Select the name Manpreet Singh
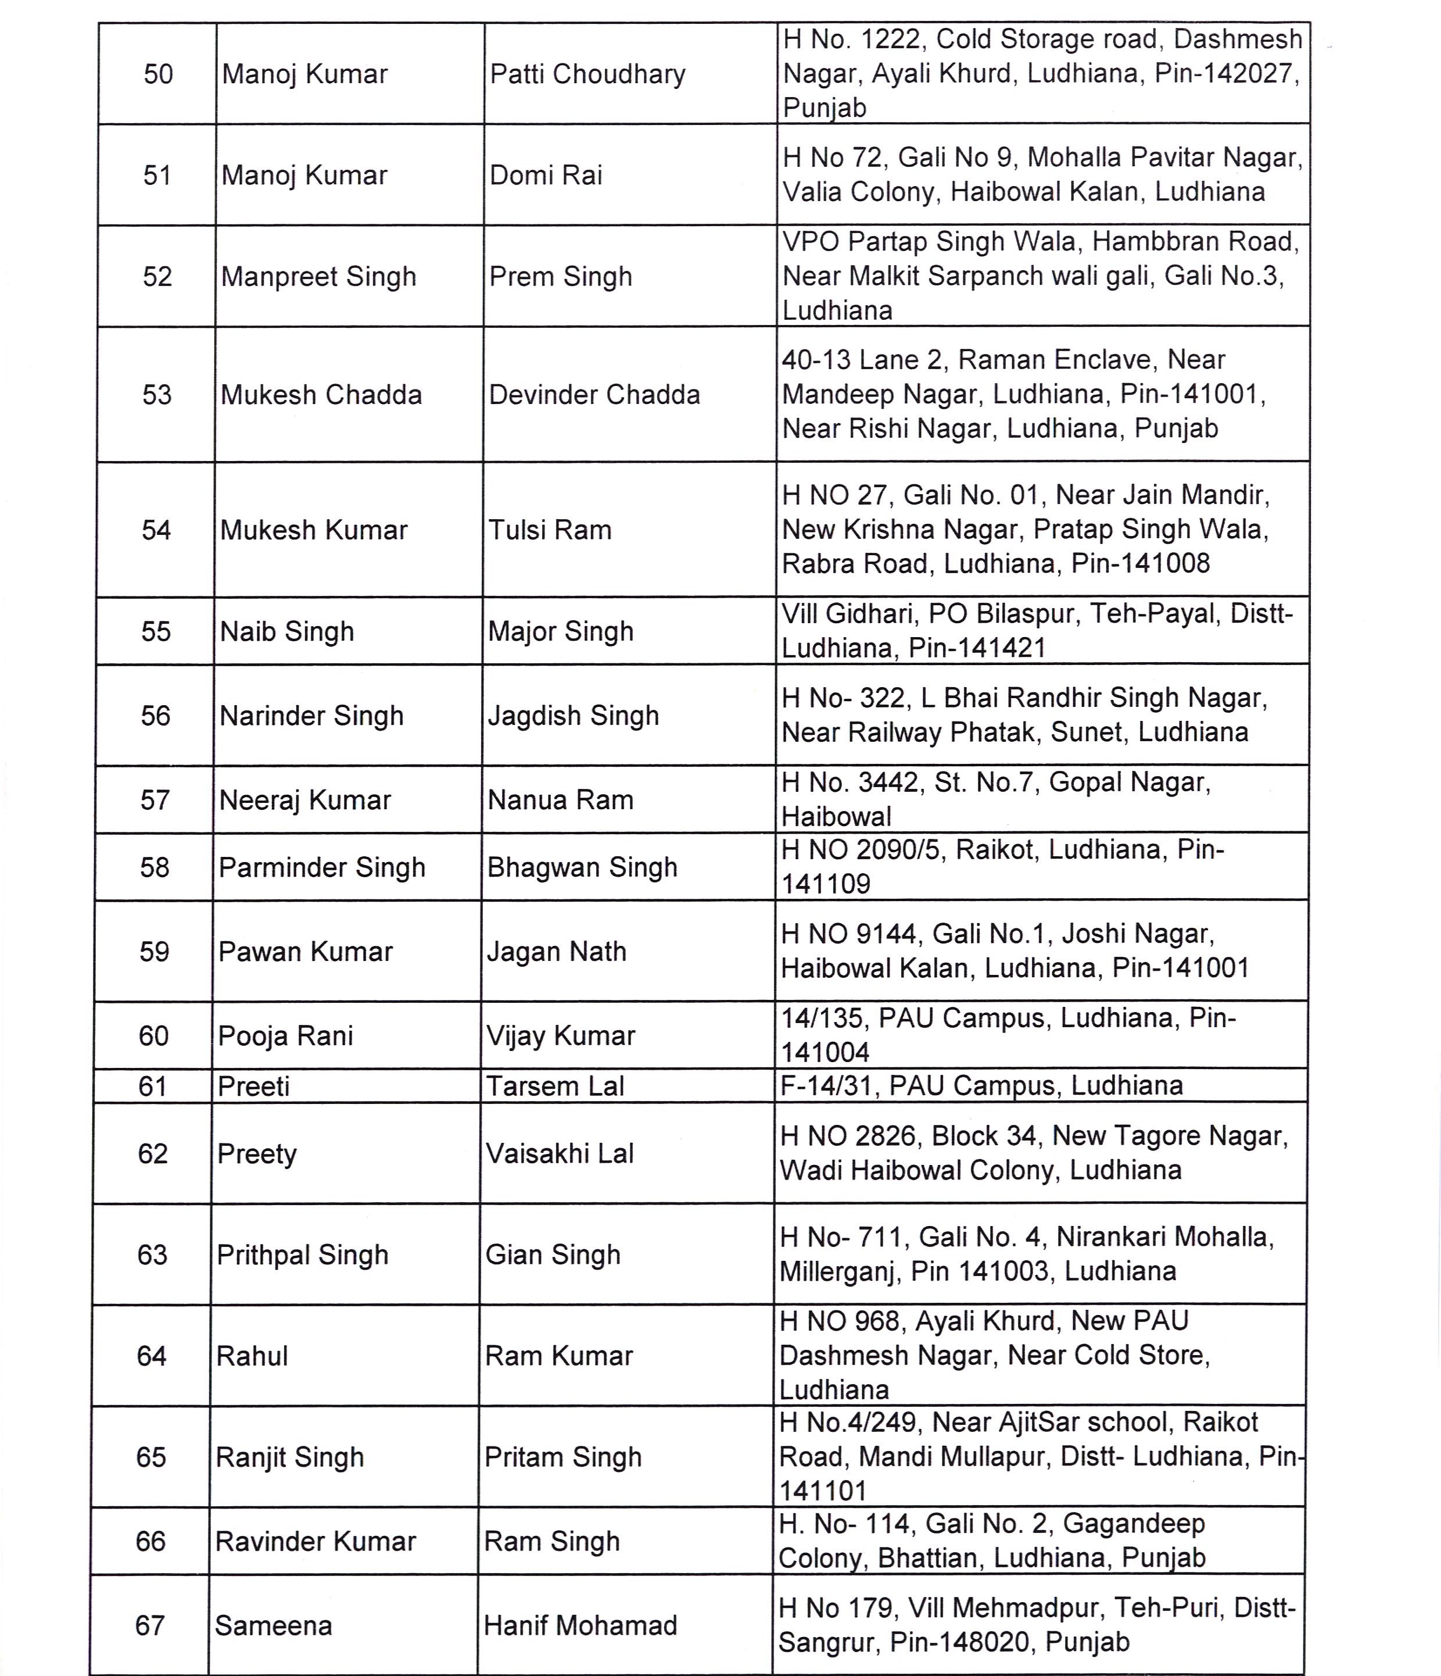(318, 277)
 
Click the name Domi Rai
(546, 176)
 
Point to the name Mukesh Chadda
(321, 395)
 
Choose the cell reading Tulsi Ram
(550, 530)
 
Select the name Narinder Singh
(311, 716)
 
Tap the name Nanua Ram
(560, 800)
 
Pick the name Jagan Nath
(556, 951)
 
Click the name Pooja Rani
(285, 1035)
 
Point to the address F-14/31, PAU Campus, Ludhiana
(981, 1085)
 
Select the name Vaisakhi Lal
(560, 1153)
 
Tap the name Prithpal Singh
(302, 1255)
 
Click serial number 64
(151, 1356)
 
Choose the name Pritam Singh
(563, 1457)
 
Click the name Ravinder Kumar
(316, 1541)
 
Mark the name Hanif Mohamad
(580, 1625)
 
